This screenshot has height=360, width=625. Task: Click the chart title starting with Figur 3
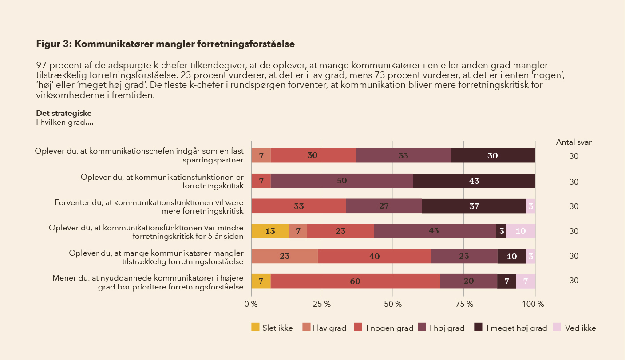(166, 44)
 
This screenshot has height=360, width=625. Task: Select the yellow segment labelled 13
(270, 231)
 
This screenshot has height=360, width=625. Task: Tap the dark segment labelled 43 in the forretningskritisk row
(474, 181)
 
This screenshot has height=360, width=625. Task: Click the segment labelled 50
(342, 181)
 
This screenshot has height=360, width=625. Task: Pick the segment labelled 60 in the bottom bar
(356, 281)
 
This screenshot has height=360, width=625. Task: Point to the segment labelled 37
(474, 206)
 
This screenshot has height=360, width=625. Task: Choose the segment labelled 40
(374, 256)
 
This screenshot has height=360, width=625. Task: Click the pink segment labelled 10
(521, 231)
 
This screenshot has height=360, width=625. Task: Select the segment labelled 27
(384, 206)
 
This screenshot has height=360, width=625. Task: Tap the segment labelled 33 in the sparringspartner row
(403, 155)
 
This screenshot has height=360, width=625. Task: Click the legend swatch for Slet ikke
(255, 327)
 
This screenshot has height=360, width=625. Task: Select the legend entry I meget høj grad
(510, 328)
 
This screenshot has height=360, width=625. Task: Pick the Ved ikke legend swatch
(557, 327)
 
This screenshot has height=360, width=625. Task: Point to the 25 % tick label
(322, 304)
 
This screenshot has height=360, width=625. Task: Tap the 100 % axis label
(533, 304)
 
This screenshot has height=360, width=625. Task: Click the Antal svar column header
(574, 142)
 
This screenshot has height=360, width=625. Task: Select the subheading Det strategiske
(64, 113)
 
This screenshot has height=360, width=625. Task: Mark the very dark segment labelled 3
(502, 231)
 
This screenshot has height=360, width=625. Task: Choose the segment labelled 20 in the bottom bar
(469, 281)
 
